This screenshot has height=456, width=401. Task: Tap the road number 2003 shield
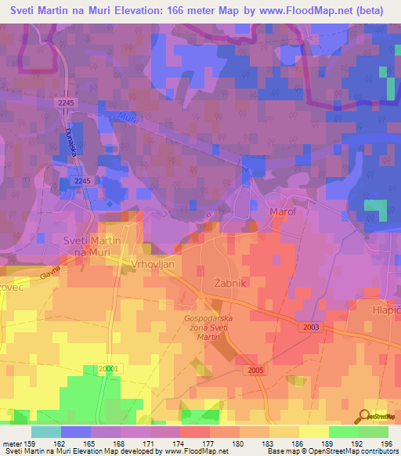click(310, 325)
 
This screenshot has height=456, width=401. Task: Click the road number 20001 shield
click(111, 368)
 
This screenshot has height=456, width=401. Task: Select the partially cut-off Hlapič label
click(385, 309)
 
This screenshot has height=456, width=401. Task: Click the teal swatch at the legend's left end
click(46, 432)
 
